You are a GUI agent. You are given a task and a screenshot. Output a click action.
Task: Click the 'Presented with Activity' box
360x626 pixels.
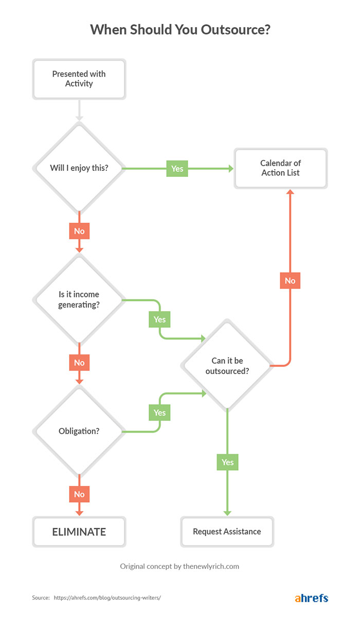point(79,79)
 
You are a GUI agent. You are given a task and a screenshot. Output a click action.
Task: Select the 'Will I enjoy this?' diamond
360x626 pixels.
point(79,168)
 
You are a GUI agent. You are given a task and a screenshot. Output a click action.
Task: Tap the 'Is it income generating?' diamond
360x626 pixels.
point(79,299)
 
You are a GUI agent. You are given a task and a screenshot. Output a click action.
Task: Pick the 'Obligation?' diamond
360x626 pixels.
point(79,431)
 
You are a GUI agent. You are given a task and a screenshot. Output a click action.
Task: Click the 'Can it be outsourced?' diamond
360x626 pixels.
point(227,365)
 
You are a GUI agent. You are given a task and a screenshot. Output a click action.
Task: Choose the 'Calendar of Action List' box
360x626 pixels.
point(280,168)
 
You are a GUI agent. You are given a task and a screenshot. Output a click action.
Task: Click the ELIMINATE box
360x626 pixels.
point(79,531)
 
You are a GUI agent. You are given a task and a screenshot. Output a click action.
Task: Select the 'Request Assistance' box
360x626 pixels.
point(227,531)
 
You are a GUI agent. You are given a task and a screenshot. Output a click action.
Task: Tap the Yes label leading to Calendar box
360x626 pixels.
point(177,168)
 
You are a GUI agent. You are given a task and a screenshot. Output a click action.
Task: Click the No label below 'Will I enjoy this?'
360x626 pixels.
point(79,231)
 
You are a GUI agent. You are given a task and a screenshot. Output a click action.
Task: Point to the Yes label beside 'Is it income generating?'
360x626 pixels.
point(160,319)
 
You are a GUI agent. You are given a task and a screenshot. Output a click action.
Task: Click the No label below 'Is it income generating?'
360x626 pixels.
point(79,363)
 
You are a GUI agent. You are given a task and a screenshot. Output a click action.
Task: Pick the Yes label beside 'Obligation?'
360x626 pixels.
point(160,413)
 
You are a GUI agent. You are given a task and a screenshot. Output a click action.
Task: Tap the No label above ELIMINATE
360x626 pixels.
point(79,494)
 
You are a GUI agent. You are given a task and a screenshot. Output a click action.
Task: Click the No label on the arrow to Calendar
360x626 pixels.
point(290,280)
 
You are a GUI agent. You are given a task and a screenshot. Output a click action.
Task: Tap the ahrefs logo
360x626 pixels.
point(311,598)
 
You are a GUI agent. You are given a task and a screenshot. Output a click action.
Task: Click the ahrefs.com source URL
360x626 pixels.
point(107,598)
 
